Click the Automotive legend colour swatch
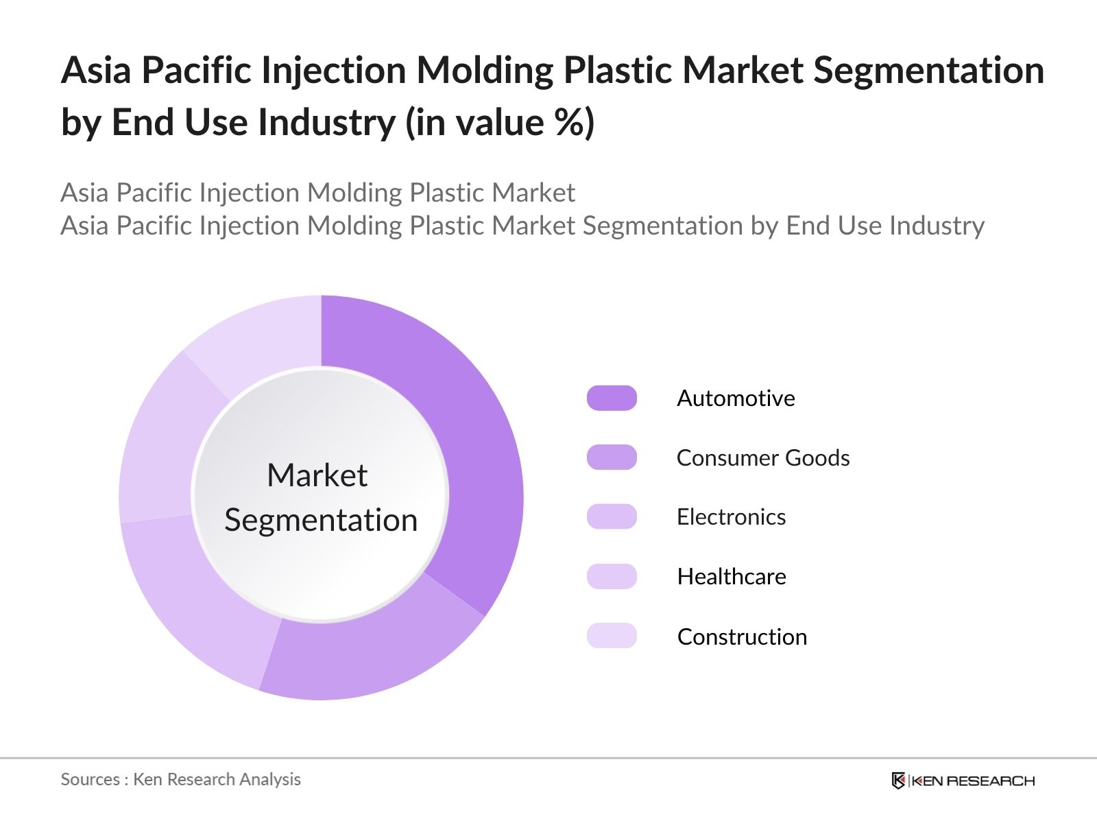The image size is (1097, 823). [x=612, y=398]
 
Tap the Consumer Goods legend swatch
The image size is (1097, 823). [x=612, y=457]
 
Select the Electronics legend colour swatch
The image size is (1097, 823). [x=612, y=516]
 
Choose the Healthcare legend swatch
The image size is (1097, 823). [x=612, y=576]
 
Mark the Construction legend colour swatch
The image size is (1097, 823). [x=612, y=636]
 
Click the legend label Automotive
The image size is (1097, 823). [x=736, y=398]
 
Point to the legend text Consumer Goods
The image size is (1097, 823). [x=763, y=457]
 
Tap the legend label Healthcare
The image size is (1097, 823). [x=732, y=577]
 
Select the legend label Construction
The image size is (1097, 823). [x=742, y=636]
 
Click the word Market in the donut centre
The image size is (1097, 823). [x=317, y=475]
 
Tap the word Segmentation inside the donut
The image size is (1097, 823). [x=321, y=521]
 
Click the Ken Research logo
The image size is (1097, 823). [x=963, y=780]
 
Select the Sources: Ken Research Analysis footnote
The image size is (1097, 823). [x=180, y=779]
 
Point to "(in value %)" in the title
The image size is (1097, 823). [x=500, y=122]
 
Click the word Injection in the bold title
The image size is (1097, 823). [x=333, y=71]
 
